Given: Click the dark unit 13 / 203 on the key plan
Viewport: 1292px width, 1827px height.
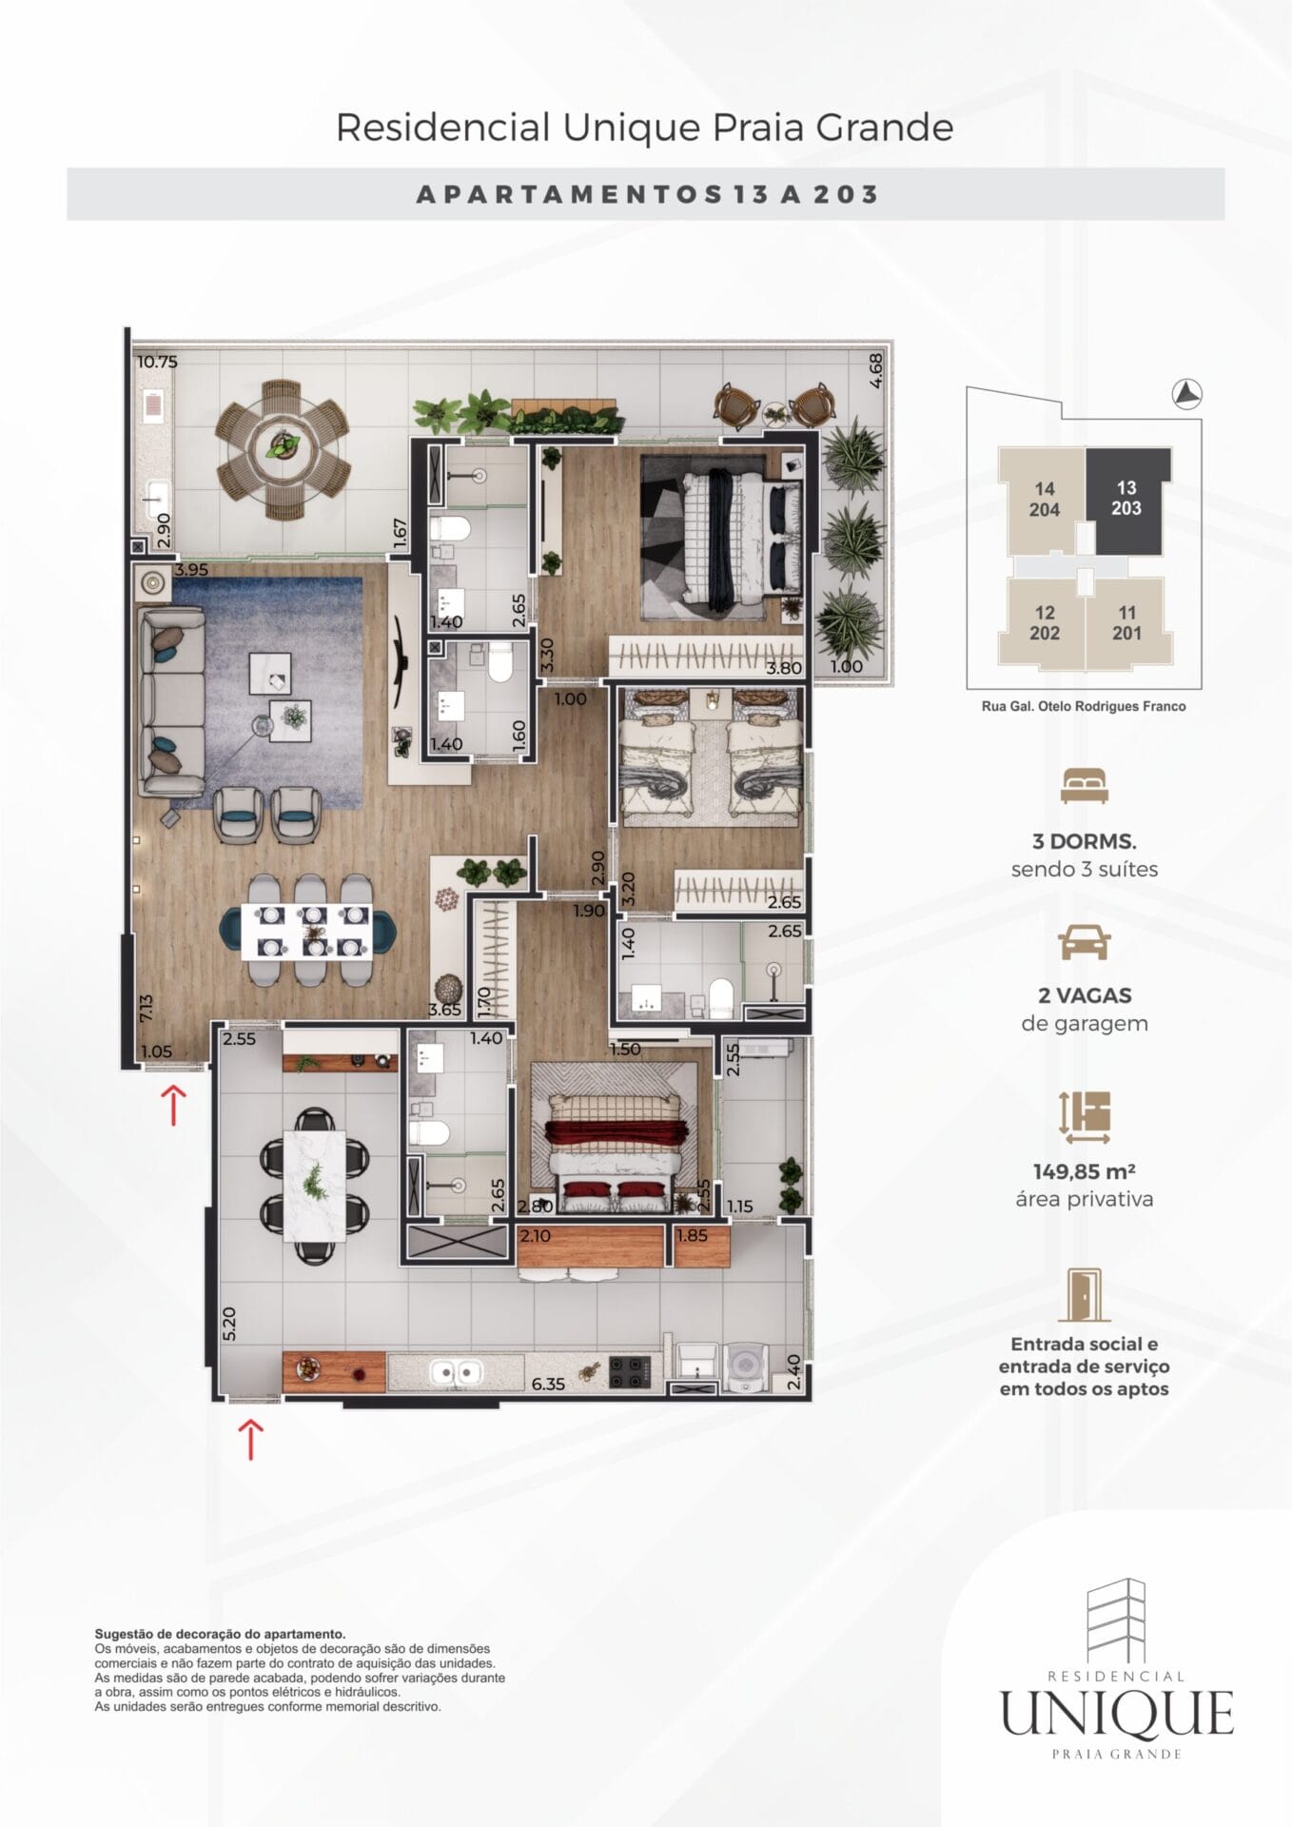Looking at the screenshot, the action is (1128, 501).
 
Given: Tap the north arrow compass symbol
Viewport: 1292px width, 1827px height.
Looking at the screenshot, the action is (1186, 392).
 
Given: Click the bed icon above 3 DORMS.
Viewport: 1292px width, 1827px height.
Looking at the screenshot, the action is (1084, 786).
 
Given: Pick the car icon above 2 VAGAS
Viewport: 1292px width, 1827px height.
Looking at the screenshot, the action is (1084, 942).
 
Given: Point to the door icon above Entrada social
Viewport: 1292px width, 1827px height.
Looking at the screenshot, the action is (1084, 1295).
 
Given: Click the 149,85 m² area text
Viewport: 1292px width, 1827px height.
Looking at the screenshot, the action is (1084, 1171).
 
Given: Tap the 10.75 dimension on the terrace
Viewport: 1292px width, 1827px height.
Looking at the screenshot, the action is (157, 362).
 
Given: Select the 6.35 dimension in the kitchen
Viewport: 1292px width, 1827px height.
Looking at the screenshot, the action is (548, 1384).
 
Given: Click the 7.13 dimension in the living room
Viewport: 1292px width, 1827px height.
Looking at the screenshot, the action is (146, 1009).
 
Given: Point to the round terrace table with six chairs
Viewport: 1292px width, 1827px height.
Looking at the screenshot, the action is (283, 449).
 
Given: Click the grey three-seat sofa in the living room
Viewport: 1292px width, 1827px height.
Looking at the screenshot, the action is (171, 702).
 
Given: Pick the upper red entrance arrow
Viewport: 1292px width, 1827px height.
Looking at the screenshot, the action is (173, 1105).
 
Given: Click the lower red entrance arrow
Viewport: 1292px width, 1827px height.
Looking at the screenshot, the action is (249, 1439).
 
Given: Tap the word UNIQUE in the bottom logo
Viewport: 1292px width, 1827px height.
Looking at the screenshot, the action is (1117, 1714).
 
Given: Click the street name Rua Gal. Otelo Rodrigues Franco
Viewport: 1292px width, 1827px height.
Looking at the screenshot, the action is (1084, 706).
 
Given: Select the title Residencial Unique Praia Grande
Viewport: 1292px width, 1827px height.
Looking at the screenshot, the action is (645, 128).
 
